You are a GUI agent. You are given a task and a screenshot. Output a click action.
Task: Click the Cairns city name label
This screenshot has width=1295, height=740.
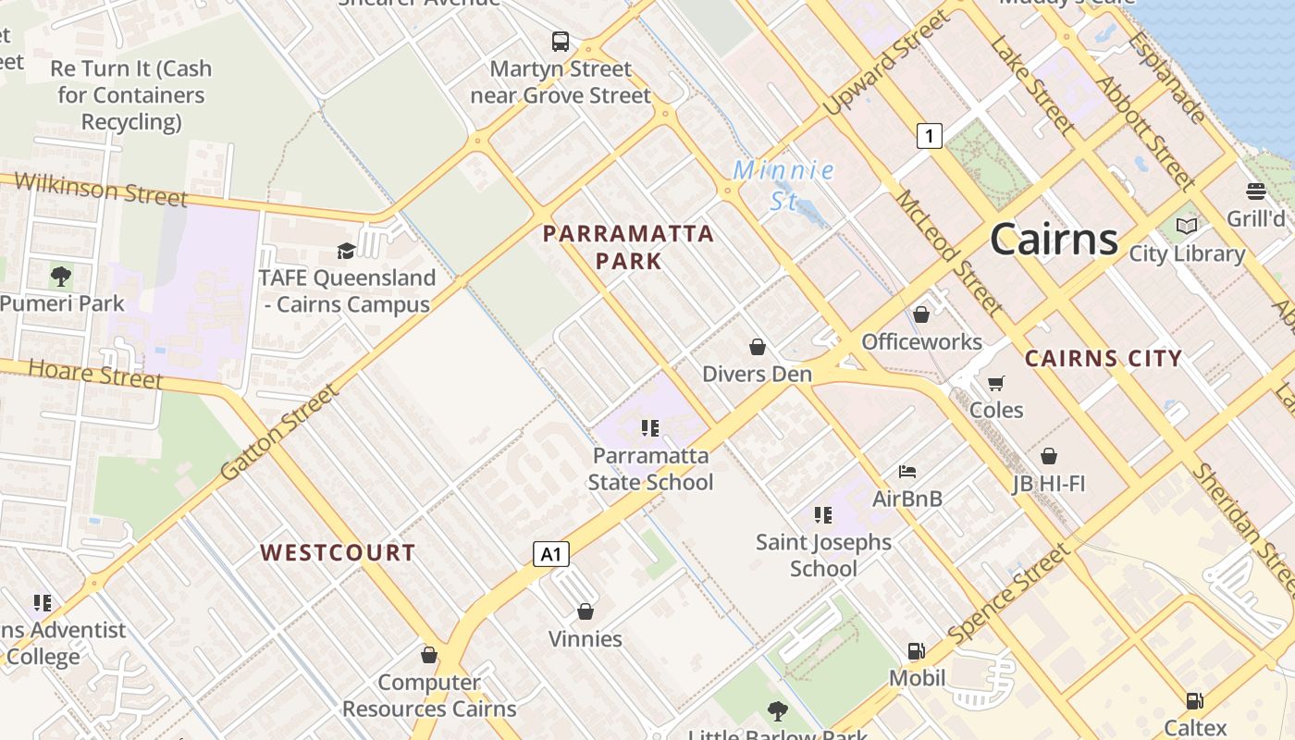point(1054,240)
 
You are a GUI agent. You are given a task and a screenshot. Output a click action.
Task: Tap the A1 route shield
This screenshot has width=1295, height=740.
point(550,554)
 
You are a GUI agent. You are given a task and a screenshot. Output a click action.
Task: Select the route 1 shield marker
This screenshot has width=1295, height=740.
point(929,136)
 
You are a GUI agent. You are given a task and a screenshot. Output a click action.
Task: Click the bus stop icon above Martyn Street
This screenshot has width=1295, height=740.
point(561,42)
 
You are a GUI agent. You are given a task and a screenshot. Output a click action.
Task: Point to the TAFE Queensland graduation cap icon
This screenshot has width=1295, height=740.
point(346,251)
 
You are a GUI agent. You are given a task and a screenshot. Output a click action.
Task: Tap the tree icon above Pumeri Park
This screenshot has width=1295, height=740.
point(61,276)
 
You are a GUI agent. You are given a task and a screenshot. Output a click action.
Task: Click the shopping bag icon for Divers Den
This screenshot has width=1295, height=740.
point(758,347)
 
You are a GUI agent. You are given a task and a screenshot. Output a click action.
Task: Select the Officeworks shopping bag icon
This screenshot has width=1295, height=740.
point(921,314)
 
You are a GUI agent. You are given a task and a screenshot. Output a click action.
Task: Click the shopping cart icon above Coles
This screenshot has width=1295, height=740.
point(996,383)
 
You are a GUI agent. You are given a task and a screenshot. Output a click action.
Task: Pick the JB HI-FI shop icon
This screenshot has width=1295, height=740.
point(1049,456)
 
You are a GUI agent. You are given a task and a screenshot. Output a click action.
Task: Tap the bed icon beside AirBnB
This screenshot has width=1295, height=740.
point(907,472)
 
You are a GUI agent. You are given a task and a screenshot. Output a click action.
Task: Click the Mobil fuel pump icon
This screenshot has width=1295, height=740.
point(917,651)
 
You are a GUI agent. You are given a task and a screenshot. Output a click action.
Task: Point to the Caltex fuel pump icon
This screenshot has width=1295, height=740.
point(1195,701)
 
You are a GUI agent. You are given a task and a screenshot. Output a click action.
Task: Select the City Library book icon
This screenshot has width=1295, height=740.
point(1187,226)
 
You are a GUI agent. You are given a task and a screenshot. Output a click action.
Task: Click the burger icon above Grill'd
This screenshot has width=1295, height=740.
point(1256,191)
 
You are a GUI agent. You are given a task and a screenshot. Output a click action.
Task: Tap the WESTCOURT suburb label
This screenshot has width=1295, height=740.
point(338,553)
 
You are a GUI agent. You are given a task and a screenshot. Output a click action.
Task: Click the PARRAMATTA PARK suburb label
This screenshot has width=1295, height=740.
point(629,247)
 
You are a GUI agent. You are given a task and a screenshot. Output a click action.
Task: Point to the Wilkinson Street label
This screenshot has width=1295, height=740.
point(101,190)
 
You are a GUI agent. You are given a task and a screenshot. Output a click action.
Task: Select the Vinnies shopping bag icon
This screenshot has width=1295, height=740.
point(586,611)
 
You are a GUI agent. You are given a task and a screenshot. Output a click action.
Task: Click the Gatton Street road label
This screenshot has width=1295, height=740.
point(280,433)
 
